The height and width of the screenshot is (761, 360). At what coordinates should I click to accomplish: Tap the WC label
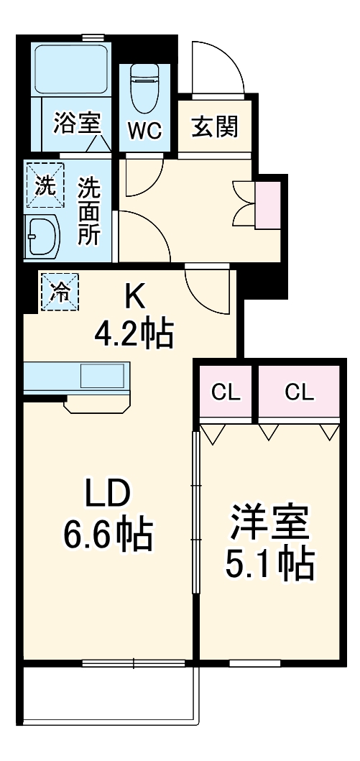(x=145, y=132)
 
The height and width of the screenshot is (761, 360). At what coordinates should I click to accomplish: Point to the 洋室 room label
(x=270, y=525)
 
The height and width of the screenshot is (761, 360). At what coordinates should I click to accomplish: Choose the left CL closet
(x=226, y=392)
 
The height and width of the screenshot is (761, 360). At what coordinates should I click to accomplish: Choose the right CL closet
(x=298, y=392)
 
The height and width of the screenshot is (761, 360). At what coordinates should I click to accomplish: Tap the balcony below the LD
(x=108, y=693)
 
